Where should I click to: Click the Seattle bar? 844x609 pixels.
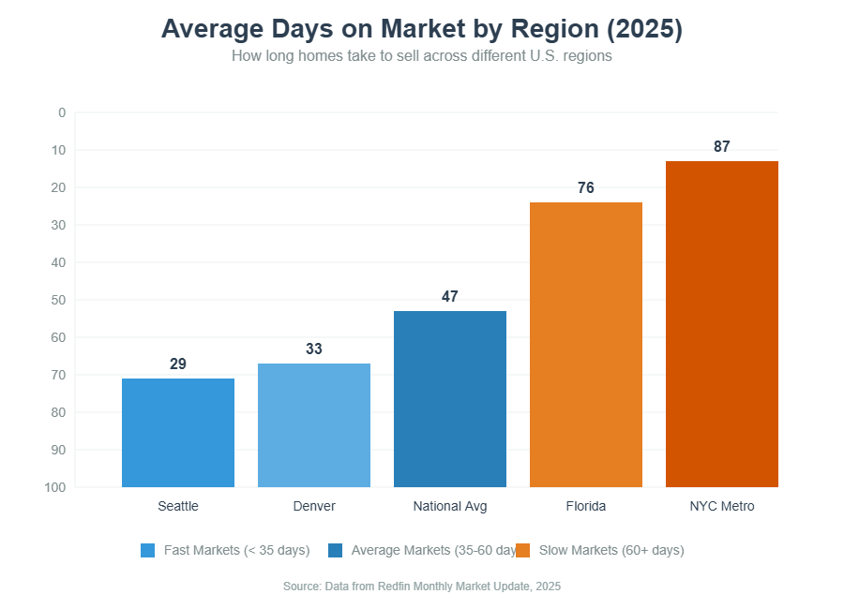coord(178,432)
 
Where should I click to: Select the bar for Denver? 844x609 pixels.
coord(314,424)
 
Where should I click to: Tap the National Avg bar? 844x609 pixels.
coord(450,398)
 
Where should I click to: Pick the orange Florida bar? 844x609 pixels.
coord(586,344)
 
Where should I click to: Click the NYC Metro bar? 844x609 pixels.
coord(722,323)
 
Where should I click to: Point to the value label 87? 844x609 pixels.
coord(722,146)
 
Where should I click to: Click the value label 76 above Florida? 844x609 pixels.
coord(586,187)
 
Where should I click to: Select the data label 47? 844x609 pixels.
coord(450,296)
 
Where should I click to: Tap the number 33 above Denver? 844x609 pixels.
coord(314,349)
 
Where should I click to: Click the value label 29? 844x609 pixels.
coord(178,364)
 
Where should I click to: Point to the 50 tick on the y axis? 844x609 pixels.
coord(59,300)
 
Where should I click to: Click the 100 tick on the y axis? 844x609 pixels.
coord(55,487)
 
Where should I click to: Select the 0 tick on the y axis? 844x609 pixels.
coord(62,112)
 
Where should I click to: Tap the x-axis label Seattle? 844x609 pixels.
coord(178,506)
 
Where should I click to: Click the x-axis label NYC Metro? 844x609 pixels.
coord(722,506)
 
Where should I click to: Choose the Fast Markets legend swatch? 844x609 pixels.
coord(147,550)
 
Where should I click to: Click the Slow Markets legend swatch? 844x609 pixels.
coord(523,550)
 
